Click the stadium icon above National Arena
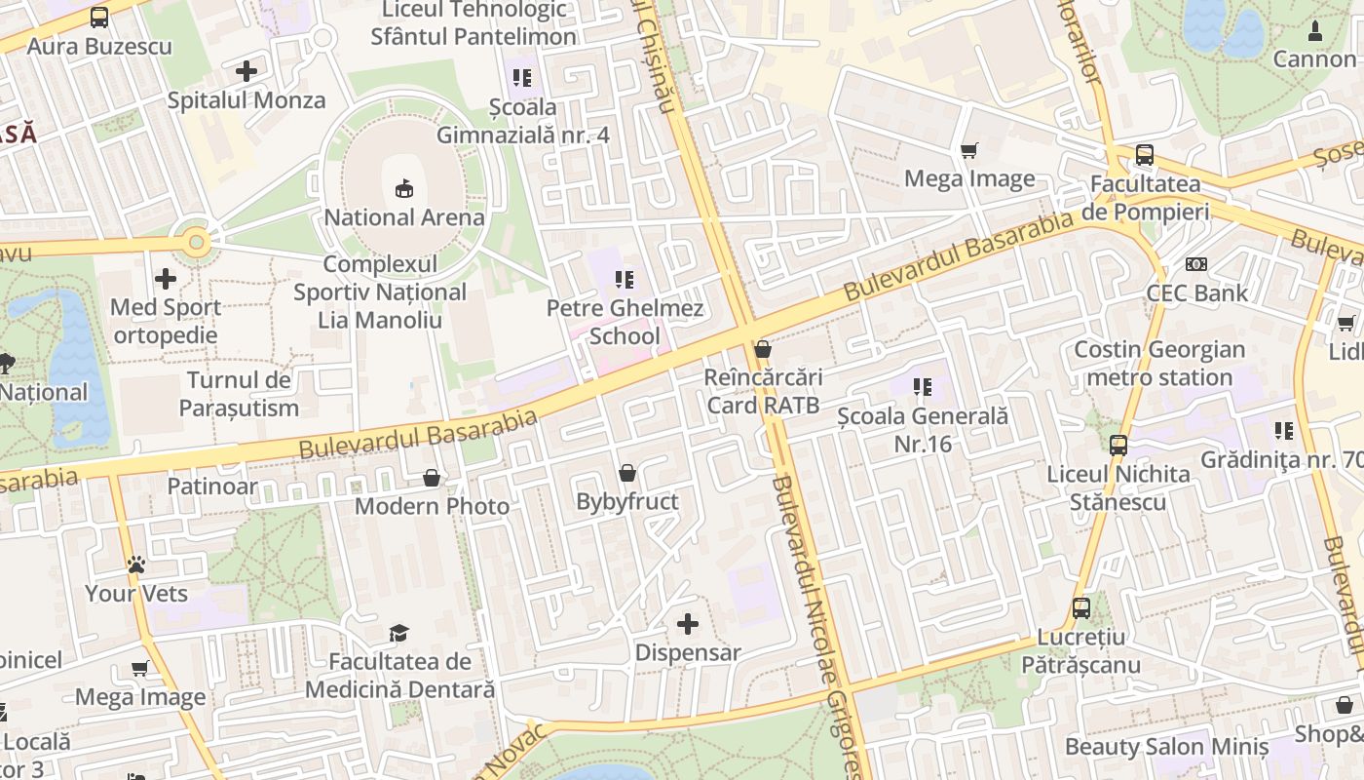tap(403, 187)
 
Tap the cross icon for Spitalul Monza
tap(246, 71)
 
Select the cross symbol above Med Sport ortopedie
tap(166, 279)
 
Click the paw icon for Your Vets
tap(136, 565)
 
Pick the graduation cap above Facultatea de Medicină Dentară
tap(398, 634)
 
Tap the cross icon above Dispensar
tap(688, 624)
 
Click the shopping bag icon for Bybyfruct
tap(628, 474)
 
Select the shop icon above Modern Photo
tap(432, 478)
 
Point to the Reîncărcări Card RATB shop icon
tap(763, 349)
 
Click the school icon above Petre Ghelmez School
tap(625, 281)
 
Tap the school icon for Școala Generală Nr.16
tap(923, 387)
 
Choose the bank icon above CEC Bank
tap(1195, 264)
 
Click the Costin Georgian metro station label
tap(1159, 364)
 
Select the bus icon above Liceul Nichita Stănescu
tap(1118, 446)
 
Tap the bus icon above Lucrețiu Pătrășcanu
tap(1081, 608)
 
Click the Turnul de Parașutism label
tap(239, 394)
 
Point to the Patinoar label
tap(212, 486)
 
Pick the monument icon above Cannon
tap(1314, 31)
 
